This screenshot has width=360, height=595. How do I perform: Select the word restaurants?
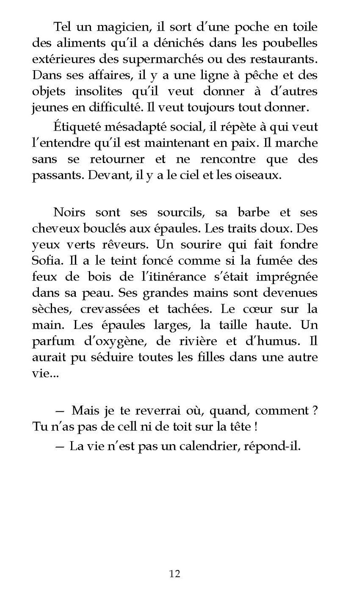point(281,59)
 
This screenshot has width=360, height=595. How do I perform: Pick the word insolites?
point(99,92)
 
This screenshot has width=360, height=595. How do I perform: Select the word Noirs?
point(69,212)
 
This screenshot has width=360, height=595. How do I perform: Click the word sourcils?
point(181,212)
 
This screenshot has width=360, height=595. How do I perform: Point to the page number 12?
point(175,574)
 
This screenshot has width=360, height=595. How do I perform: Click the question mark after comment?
point(315,411)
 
